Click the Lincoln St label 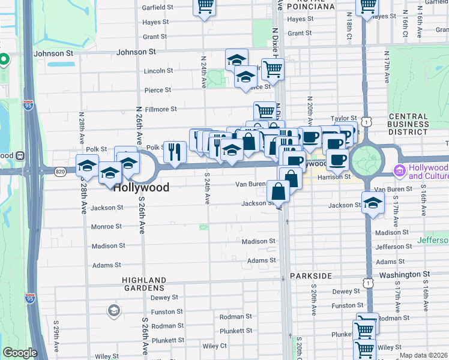[x=158, y=71]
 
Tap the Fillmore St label [x=160, y=109]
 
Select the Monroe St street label [x=106, y=227]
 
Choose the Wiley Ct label [x=214, y=346]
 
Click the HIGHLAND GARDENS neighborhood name [x=144, y=284]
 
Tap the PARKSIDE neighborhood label [x=310, y=275]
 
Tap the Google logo [x=20, y=353]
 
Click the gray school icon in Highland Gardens [x=113, y=310]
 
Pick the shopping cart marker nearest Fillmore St [x=264, y=110]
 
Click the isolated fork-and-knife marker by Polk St [x=175, y=151]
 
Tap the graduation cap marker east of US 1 [x=373, y=202]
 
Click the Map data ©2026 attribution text [x=423, y=355]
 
